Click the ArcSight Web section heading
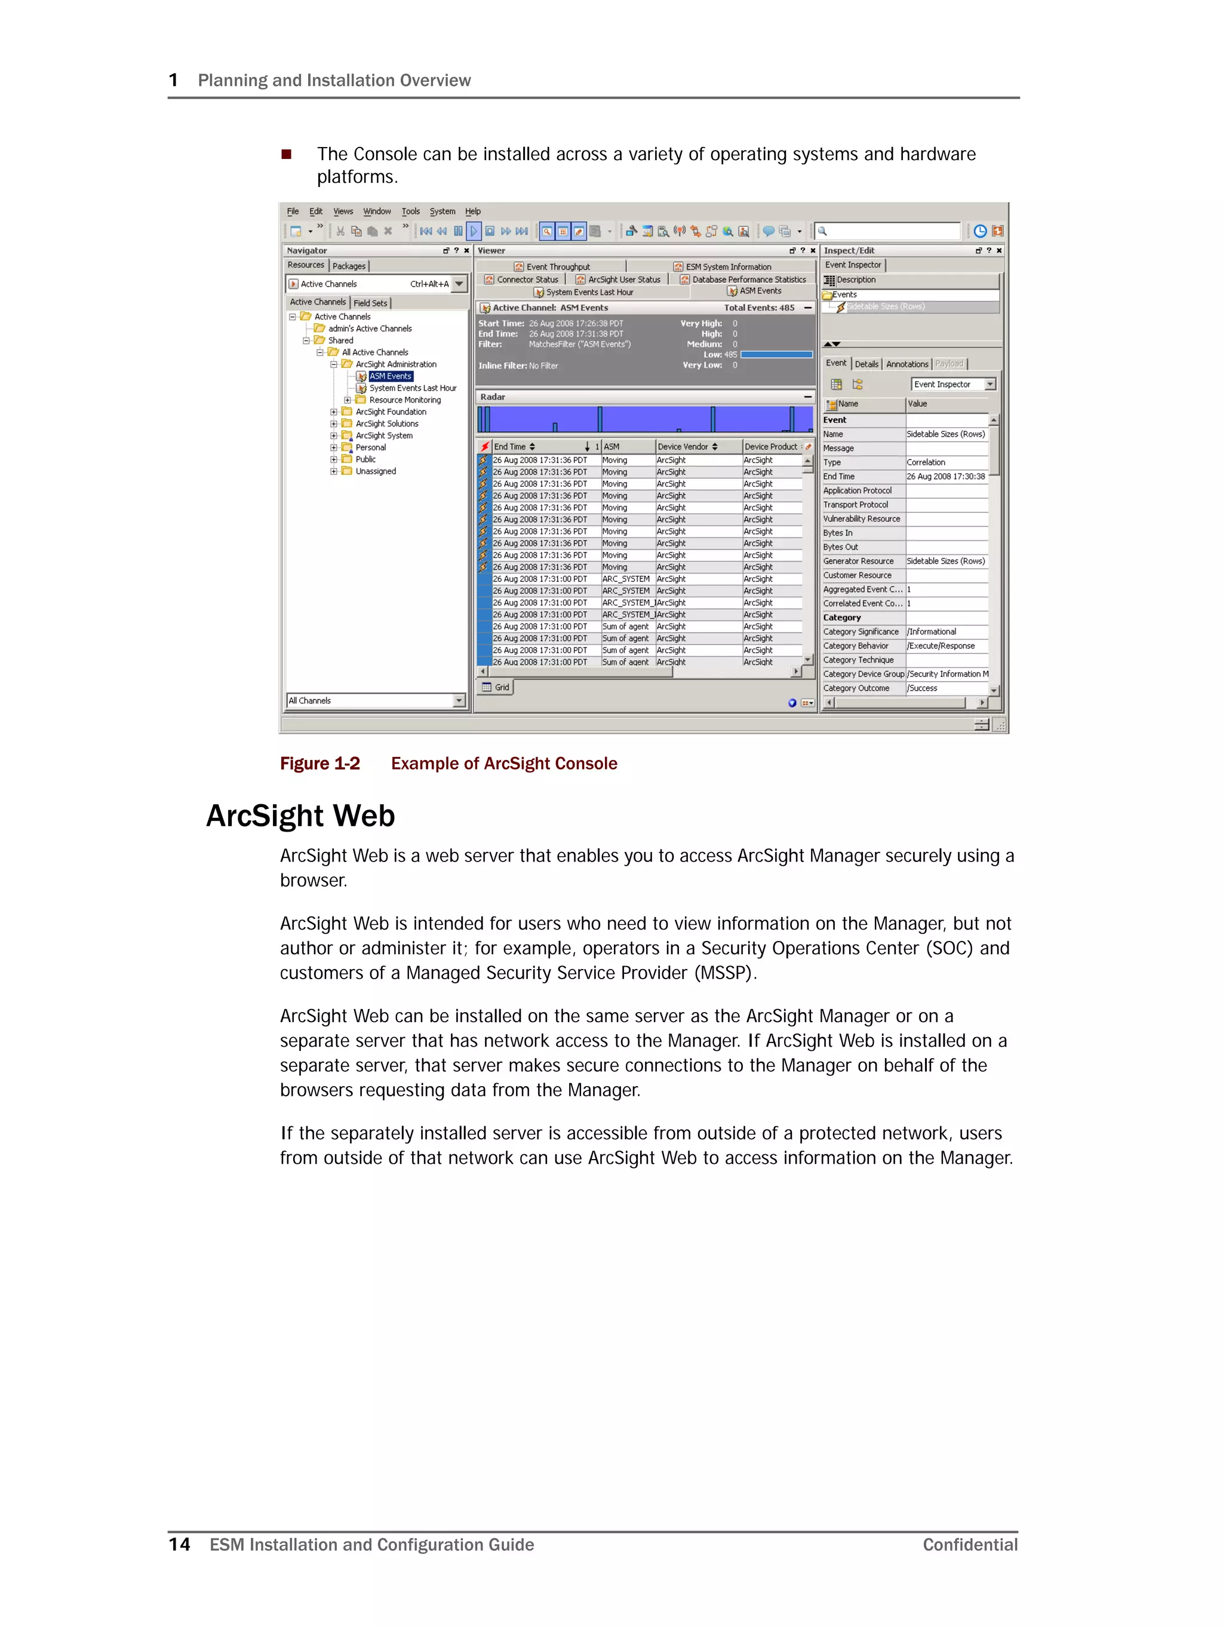coord(300,815)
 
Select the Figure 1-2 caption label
coord(319,763)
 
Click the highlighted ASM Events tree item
coord(390,376)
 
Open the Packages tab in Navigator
coord(349,266)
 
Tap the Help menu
coord(472,211)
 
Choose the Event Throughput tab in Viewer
coord(557,266)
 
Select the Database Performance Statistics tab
coord(748,280)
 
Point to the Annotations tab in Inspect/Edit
coord(907,364)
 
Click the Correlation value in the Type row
coord(926,462)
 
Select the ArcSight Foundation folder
coord(390,412)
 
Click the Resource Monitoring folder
coord(404,400)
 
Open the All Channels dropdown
coord(459,701)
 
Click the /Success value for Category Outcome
coord(922,688)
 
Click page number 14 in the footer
coord(179,1544)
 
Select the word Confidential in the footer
coord(970,1544)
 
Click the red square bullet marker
coord(286,154)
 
